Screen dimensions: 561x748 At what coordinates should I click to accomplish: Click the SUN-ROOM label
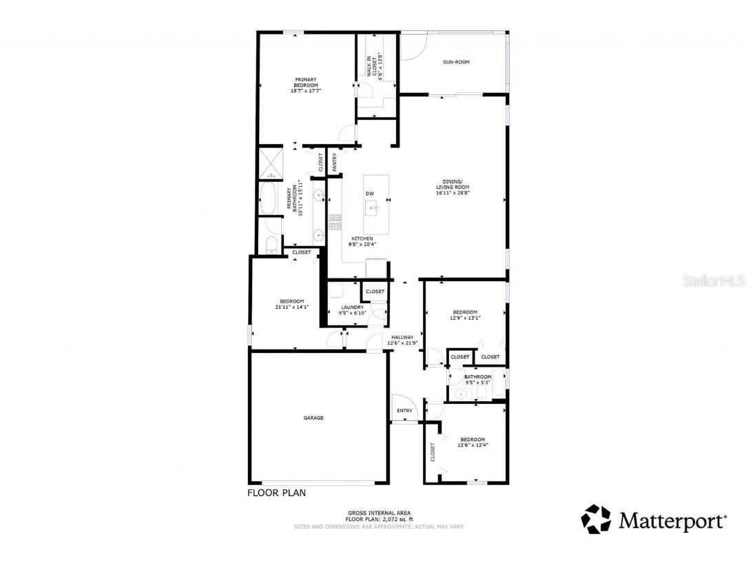pos(456,62)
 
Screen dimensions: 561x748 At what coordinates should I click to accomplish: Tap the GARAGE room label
pos(313,418)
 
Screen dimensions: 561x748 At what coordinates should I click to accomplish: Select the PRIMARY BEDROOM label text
pos(306,82)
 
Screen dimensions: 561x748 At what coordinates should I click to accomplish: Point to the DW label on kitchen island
pos(370,194)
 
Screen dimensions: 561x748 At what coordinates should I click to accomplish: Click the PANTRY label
pos(335,161)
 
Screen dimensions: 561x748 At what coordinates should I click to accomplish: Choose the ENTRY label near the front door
pos(404,411)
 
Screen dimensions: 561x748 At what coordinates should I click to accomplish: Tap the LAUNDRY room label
pos(351,307)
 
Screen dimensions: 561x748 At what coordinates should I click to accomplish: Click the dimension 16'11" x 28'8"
pos(453,194)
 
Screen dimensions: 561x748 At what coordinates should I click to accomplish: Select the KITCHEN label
pos(362,238)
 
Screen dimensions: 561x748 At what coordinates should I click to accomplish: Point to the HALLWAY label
pos(402,337)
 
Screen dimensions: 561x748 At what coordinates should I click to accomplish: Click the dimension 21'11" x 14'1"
pos(292,307)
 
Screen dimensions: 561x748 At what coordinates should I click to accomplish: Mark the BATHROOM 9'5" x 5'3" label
pos(477,380)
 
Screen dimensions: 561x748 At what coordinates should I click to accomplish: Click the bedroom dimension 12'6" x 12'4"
pos(472,445)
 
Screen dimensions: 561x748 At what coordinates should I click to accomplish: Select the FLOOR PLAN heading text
pos(276,493)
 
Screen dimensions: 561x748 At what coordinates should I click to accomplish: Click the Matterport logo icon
pos(596,520)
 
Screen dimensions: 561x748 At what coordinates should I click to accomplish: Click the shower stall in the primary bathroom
pos(270,163)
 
